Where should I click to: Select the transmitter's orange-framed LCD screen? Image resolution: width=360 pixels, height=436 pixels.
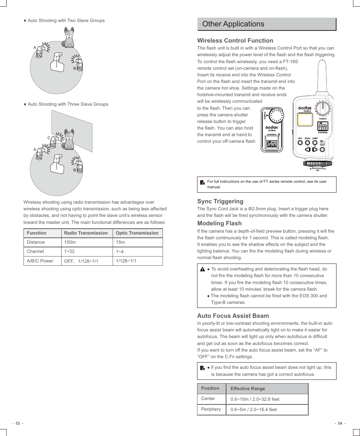305,120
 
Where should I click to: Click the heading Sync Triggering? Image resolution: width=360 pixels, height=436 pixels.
220,201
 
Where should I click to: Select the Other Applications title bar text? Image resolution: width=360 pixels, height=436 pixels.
233,24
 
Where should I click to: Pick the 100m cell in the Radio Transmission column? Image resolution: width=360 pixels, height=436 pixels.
70,242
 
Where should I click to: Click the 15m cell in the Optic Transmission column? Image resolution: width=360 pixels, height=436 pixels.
120,242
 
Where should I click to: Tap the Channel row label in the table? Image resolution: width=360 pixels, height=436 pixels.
35,251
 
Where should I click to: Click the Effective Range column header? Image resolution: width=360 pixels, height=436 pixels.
248,389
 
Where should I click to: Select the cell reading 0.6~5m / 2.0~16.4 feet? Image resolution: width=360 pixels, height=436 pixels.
254,410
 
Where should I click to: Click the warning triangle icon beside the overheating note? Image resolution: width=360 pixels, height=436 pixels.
203,269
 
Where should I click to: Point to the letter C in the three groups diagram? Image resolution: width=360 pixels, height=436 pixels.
48,138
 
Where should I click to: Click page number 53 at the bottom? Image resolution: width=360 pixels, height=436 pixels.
18,424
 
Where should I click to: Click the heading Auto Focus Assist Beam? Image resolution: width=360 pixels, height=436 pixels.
233,316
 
